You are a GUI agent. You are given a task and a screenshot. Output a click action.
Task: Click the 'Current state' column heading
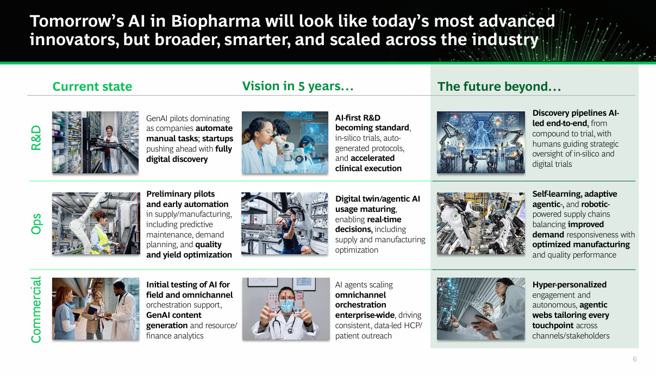(92, 86)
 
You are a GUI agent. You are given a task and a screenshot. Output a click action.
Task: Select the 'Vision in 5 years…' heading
(298, 86)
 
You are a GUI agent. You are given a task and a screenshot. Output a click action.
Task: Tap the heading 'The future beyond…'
(499, 87)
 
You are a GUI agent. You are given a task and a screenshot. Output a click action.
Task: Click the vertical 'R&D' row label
(36, 137)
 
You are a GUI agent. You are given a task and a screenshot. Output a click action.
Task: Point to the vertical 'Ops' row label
(36, 224)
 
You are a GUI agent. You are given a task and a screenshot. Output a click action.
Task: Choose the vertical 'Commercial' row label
(36, 310)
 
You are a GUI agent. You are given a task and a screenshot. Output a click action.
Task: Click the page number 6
(635, 359)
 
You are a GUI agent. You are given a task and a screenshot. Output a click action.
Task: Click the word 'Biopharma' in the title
(216, 21)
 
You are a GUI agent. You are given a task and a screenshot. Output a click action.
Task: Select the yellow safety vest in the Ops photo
(100, 240)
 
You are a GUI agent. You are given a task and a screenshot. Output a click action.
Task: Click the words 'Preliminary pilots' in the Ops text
(180, 194)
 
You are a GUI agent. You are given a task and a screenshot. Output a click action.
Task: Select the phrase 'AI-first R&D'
(358, 118)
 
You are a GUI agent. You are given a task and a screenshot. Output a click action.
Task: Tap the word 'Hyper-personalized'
(570, 285)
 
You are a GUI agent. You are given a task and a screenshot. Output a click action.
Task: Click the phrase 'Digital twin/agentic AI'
(378, 199)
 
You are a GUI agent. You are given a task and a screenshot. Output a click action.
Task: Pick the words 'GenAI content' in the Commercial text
(174, 315)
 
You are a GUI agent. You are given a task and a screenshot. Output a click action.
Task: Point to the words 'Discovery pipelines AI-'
(576, 113)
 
